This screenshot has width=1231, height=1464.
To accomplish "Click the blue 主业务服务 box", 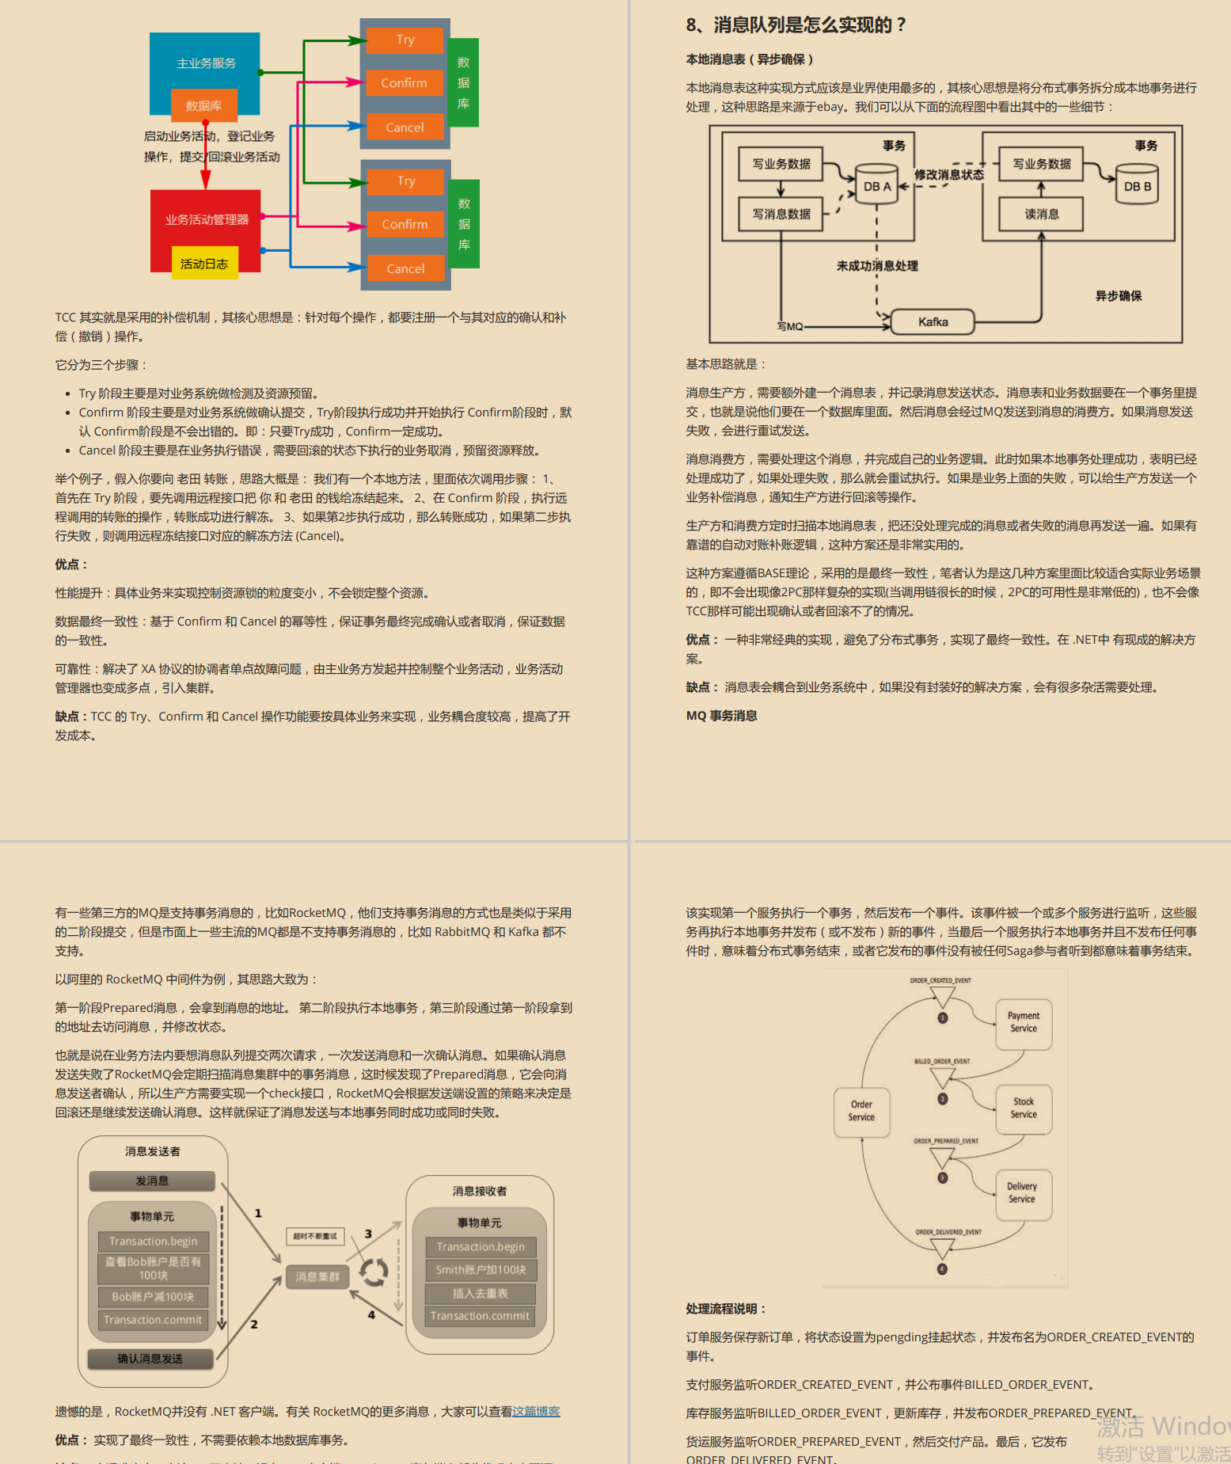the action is (205, 63).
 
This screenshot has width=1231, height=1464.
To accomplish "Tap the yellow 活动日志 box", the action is (204, 264).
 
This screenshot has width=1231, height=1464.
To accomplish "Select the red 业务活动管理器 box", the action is (206, 219).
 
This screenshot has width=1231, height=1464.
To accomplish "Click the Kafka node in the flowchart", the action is (933, 322).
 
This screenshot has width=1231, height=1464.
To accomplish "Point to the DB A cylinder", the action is (876, 185).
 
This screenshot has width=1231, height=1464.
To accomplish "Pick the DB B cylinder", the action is (1137, 185).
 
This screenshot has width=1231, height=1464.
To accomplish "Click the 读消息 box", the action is (1041, 214).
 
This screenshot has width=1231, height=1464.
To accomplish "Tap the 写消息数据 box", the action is (781, 214).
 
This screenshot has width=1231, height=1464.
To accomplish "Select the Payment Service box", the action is (1023, 1022).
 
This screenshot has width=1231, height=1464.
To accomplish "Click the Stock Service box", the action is (1023, 1108).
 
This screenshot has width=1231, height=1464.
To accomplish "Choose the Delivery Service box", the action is (1022, 1192).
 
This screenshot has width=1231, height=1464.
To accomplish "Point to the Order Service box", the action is (861, 1111).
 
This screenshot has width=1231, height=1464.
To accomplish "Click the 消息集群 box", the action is (317, 1276).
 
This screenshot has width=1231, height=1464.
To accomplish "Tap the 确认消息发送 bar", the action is (150, 1359).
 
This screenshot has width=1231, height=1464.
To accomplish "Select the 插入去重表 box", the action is (480, 1294).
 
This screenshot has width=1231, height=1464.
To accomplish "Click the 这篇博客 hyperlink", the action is (536, 1411).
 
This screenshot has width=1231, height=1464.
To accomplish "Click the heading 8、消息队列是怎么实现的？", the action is (796, 25).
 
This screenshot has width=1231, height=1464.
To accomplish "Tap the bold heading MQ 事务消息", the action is (721, 716).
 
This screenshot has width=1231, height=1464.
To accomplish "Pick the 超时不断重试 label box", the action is (315, 1236).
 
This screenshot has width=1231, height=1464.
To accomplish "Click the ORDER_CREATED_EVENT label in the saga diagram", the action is (940, 980).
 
